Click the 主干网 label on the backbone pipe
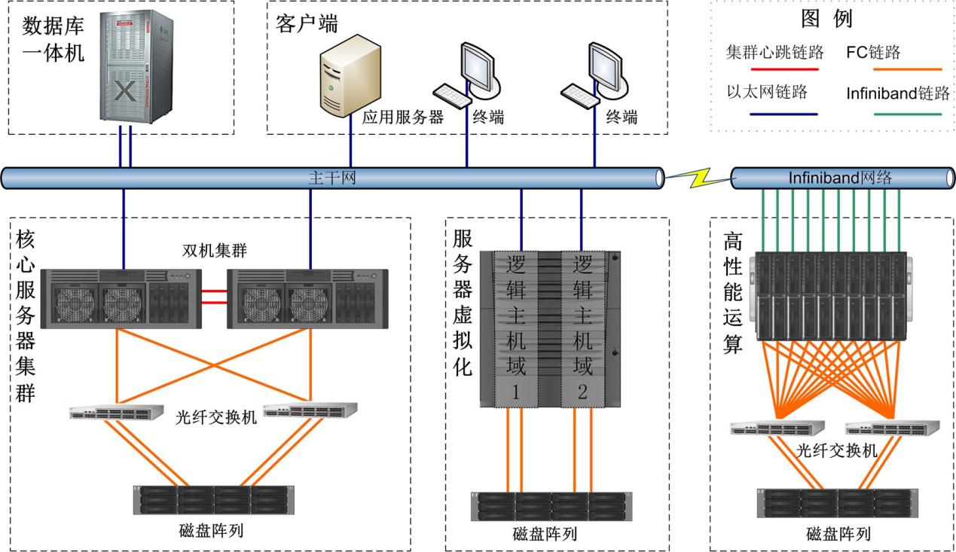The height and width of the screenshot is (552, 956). tap(331, 178)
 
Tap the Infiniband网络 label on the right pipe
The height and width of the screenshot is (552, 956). tap(840, 178)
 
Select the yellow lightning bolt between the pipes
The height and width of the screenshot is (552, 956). tap(698, 179)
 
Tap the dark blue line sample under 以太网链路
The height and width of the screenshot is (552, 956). tap(783, 114)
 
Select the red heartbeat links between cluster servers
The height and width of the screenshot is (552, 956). tap(215, 295)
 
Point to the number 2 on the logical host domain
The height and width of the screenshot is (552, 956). tap(582, 392)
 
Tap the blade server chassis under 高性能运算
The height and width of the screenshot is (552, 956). tap(832, 296)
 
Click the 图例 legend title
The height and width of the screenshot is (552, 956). tap(826, 19)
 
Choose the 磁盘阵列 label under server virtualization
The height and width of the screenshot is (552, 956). tap(545, 535)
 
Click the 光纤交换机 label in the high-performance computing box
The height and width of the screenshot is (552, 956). tap(837, 450)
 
